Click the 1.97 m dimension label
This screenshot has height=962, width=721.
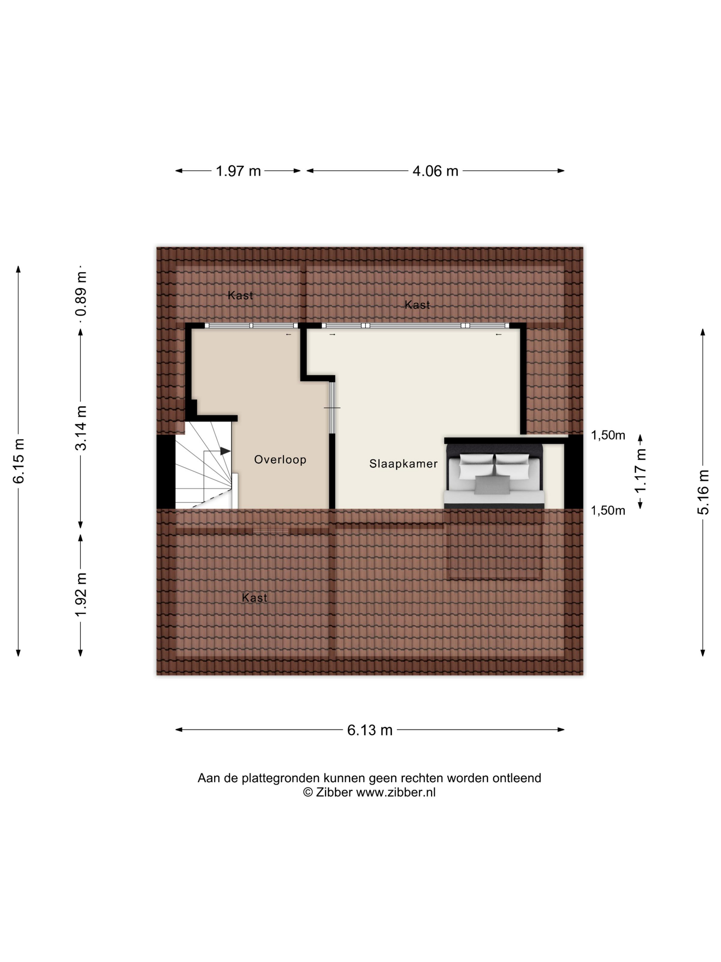pyautogui.click(x=238, y=171)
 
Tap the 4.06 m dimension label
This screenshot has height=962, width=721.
pyautogui.click(x=435, y=171)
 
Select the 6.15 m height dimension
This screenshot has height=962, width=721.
pyautogui.click(x=19, y=461)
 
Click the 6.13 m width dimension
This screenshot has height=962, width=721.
pyautogui.click(x=370, y=730)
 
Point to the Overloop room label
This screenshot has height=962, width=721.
pyautogui.click(x=280, y=460)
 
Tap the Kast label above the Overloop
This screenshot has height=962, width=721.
pyautogui.click(x=240, y=296)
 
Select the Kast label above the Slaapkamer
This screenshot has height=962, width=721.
pyautogui.click(x=417, y=305)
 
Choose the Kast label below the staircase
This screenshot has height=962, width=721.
pyautogui.click(x=255, y=598)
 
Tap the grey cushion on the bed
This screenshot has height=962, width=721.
pyautogui.click(x=492, y=485)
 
